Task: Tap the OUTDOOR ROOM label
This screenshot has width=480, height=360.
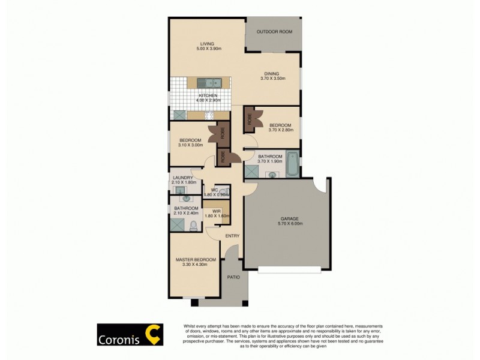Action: [274, 32]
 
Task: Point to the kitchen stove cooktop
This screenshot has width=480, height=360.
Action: [209, 115]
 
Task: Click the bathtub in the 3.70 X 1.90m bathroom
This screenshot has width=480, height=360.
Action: [292, 164]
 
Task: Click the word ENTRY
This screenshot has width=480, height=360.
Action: [232, 236]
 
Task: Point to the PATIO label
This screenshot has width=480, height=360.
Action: [233, 277]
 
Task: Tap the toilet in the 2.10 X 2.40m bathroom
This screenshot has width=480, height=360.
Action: [193, 225]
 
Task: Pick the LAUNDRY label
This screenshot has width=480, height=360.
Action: [182, 178]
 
